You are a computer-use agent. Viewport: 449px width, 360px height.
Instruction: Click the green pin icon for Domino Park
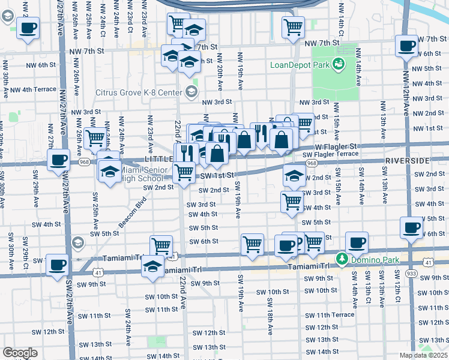[342, 259]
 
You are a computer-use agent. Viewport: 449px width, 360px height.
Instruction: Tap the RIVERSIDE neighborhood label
[408, 161]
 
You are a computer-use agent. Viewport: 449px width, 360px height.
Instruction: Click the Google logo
[20, 353]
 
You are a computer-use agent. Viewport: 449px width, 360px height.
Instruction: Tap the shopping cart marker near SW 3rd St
[292, 201]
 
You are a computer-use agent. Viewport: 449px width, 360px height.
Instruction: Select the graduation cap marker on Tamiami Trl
[153, 265]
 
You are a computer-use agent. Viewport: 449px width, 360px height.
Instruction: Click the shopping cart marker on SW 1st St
[184, 172]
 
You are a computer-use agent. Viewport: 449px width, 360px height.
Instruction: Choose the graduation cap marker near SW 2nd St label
[294, 176]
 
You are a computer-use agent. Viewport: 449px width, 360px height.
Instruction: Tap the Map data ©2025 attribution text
[423, 355]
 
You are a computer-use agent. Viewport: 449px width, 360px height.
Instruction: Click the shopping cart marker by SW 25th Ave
[95, 138]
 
